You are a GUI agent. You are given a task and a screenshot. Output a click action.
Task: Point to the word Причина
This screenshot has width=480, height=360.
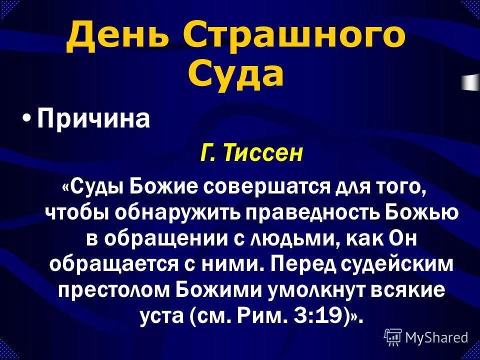point(94,119)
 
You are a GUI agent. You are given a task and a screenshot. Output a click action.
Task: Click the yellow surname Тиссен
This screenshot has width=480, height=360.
point(263,152)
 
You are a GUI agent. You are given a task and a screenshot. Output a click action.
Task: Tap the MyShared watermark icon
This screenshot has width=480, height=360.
point(392,337)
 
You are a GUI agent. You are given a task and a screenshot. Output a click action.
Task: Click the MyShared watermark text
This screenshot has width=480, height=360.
point(436,337)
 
